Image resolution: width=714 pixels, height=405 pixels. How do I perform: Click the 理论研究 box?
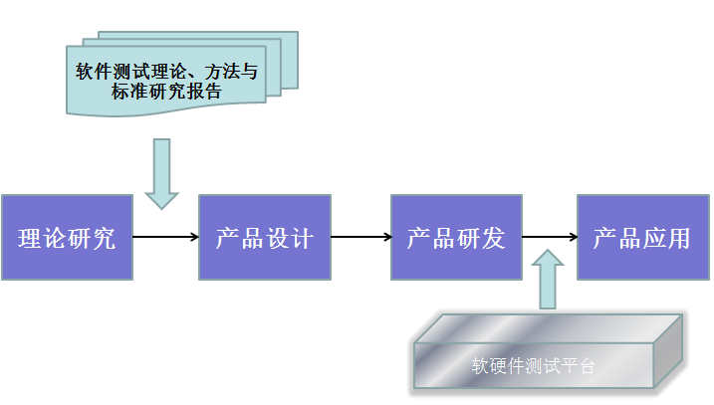tap(67, 237)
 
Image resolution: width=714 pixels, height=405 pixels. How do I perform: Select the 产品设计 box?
tap(264, 237)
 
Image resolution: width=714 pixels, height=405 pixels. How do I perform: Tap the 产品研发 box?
tap(456, 237)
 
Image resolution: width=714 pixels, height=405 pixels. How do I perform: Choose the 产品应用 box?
tap(641, 237)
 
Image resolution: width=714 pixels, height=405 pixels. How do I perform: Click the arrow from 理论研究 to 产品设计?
tap(165, 237)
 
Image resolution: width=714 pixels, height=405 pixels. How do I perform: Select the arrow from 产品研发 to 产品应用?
tap(549, 237)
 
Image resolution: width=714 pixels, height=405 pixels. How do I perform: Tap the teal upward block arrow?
tap(548, 280)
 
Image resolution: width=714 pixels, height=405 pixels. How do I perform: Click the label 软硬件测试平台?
tap(533, 365)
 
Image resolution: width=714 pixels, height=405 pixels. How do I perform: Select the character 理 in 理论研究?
tap(30, 238)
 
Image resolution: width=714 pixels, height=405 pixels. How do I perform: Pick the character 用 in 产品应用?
tap(678, 238)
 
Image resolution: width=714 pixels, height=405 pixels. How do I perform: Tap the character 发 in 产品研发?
tap(494, 238)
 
